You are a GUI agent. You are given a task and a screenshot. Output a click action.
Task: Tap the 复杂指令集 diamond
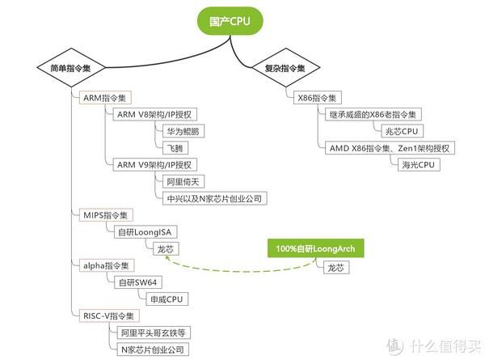(279, 70)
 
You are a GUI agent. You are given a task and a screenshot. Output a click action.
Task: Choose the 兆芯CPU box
(402, 131)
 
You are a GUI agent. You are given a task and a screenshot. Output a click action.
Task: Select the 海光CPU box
(418, 164)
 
